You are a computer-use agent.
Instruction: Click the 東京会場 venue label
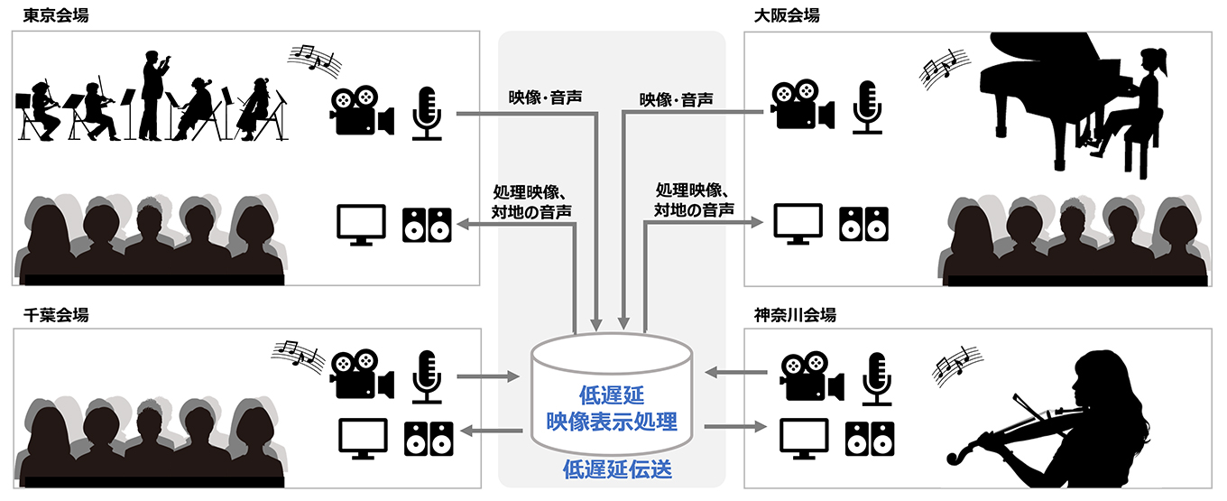[56, 15]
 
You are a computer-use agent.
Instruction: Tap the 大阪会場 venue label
[787, 15]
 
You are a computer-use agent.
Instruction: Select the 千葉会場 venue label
[56, 315]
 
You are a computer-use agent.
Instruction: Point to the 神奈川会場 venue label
[795, 315]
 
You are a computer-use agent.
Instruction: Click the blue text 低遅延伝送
[617, 469]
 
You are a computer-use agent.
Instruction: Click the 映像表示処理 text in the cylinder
[612, 421]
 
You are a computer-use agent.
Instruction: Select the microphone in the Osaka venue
[867, 107]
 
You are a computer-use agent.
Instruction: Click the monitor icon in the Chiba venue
[363, 439]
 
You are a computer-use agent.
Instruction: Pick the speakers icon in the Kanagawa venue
[870, 439]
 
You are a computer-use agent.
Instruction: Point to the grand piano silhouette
[1041, 98]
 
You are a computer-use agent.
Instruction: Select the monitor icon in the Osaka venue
[798, 224]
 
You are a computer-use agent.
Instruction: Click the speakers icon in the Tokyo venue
[427, 225]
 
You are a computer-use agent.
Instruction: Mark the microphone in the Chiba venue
[427, 377]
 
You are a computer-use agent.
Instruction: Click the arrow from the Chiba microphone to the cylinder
[487, 376]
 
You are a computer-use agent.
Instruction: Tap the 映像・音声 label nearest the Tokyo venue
[545, 97]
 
